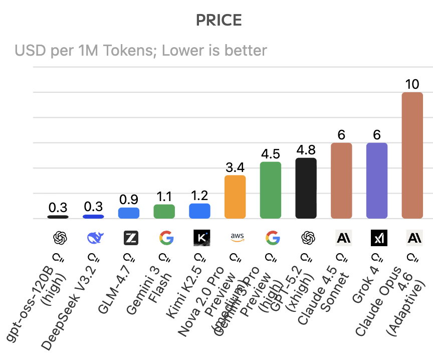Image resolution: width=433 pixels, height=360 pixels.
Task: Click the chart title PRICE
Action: (x=219, y=20)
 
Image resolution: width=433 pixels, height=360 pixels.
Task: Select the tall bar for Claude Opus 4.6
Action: (x=412, y=155)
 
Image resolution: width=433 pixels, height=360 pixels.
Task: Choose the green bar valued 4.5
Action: (x=271, y=190)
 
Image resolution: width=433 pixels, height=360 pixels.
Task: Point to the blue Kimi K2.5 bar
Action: (x=199, y=211)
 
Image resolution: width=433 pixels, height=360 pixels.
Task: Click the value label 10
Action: (x=412, y=84)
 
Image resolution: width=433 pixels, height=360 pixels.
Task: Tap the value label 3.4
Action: (x=235, y=167)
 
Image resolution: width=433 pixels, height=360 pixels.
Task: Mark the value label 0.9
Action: (x=128, y=200)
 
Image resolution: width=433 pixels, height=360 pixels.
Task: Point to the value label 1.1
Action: (x=164, y=196)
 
